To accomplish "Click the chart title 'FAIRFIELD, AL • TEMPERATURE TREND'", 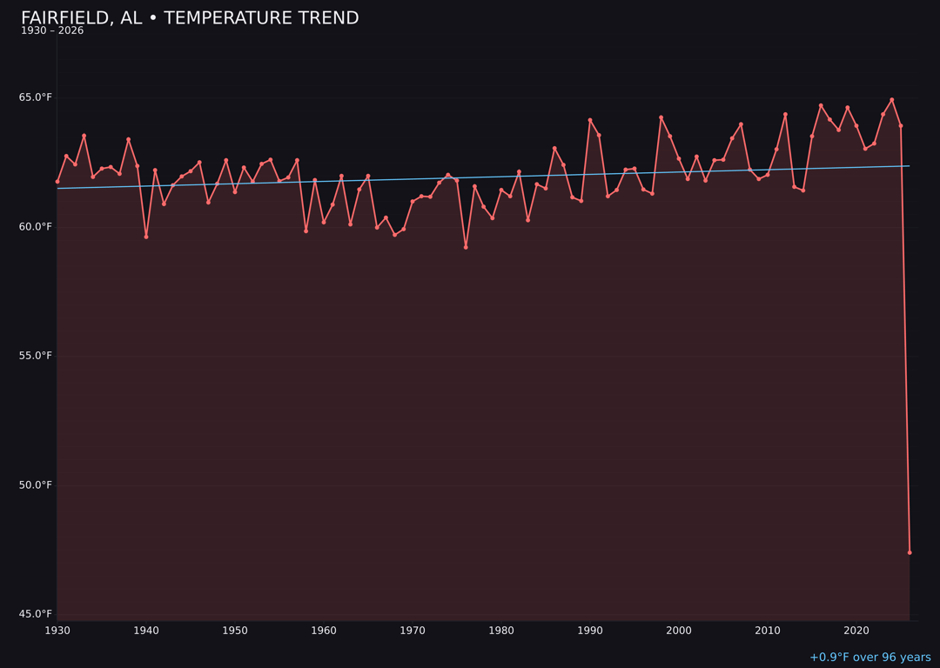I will [190, 18].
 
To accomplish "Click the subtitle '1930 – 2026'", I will [52, 31].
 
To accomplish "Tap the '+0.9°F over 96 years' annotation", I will [869, 658].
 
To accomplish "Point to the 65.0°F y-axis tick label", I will [36, 97].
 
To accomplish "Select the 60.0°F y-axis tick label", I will [36, 227].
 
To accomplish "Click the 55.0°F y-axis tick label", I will [36, 356].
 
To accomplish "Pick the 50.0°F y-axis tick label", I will [36, 485].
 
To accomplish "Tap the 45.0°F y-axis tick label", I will [36, 614].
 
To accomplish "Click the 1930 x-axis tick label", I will [57, 631].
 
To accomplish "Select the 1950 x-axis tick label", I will [235, 631].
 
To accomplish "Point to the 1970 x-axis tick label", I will [413, 631].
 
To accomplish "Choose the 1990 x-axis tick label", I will [590, 631].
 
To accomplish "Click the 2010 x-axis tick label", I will [768, 631].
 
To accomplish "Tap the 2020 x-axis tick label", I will [856, 631].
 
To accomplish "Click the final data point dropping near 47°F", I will [910, 552].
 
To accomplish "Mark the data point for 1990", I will [590, 120].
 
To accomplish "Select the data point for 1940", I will [146, 237].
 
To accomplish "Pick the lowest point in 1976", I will [466, 247].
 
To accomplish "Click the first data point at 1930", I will [57, 182].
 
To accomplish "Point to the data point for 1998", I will [661, 117].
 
